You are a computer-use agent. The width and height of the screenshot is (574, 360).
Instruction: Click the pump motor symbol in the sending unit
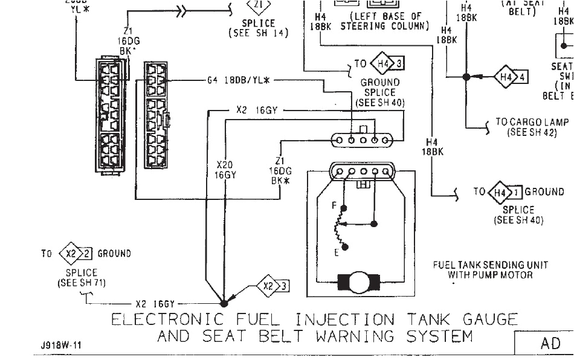tap(360, 281)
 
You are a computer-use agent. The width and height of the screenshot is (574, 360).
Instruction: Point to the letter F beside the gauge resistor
tap(334, 206)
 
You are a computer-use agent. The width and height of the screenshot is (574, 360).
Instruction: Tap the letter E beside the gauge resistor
tap(337, 252)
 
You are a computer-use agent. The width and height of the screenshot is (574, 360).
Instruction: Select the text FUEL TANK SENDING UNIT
tap(491, 265)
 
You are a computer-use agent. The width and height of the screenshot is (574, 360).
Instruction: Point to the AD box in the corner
tap(550, 343)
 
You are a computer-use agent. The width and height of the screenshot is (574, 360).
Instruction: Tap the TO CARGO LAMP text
tap(532, 121)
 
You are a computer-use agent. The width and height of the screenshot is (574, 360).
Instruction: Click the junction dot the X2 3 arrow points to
tap(224, 303)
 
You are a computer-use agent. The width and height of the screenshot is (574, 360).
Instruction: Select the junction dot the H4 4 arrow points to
tap(466, 77)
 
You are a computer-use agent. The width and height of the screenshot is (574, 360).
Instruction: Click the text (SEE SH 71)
tap(81, 282)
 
